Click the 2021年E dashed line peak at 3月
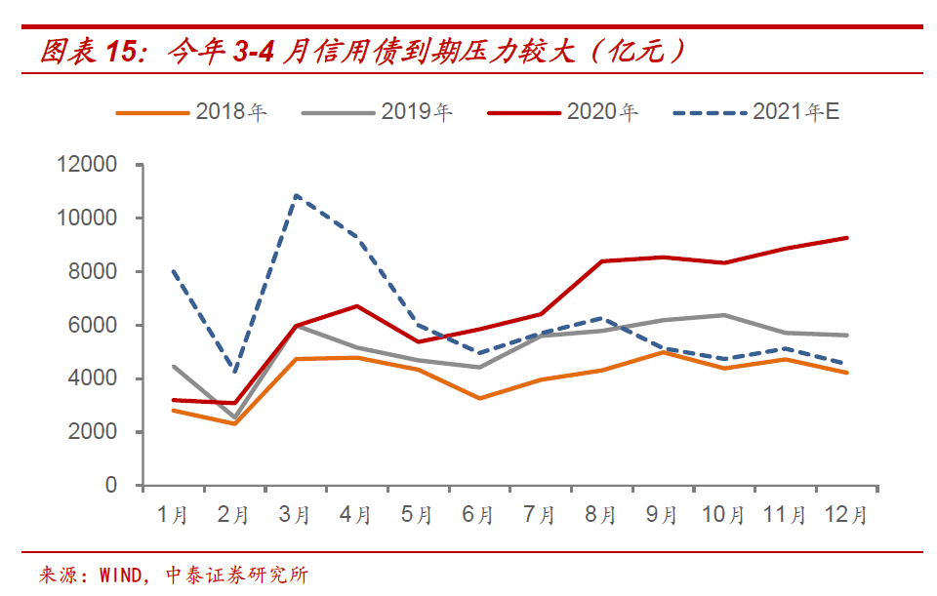pos(296,196)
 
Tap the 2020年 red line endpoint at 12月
pos(845,238)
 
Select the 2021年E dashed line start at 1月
pos(174,271)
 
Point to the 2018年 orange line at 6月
pos(478,398)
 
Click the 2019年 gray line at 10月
pos(723,315)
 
